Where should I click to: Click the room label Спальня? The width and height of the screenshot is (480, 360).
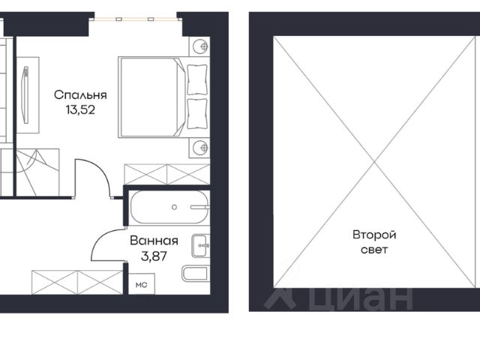click(80, 95)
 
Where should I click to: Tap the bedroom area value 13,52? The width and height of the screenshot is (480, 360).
click(80, 109)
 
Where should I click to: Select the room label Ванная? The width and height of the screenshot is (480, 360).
click(154, 241)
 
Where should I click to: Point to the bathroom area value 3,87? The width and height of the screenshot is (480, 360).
click(154, 256)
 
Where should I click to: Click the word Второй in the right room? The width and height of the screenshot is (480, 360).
click(374, 235)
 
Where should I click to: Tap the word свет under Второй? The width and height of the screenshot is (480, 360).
click(374, 250)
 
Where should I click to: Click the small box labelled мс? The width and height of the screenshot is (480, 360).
click(142, 284)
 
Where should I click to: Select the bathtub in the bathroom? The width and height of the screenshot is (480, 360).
click(170, 207)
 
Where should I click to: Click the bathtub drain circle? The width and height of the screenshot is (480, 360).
click(174, 207)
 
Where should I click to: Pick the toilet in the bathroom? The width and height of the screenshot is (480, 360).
click(195, 274)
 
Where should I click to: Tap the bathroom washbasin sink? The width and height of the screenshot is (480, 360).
click(201, 245)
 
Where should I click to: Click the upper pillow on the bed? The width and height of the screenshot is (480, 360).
click(196, 79)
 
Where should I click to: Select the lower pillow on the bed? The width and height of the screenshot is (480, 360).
click(196, 113)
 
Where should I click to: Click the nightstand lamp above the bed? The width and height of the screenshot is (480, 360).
click(201, 46)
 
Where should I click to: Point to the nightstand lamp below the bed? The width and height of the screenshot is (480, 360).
click(201, 148)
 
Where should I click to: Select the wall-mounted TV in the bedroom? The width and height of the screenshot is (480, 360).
click(25, 95)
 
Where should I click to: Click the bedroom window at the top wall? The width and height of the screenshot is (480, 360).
click(136, 19)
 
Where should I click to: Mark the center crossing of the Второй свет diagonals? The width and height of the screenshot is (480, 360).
click(375, 162)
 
